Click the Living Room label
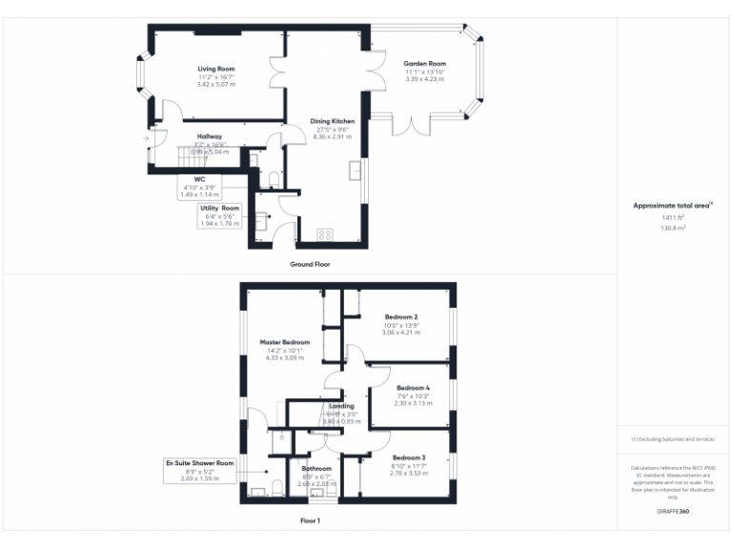216,69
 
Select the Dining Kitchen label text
333,121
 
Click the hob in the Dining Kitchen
324,234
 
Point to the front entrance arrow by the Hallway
146,139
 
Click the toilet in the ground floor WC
274,179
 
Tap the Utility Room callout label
219,208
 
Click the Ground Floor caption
310,264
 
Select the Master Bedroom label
285,341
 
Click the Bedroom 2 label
401,316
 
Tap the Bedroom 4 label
413,388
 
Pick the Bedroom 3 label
408,457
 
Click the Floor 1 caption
310,520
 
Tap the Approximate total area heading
672,205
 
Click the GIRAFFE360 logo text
673,512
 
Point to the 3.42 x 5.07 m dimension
216,85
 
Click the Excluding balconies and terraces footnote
673,439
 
